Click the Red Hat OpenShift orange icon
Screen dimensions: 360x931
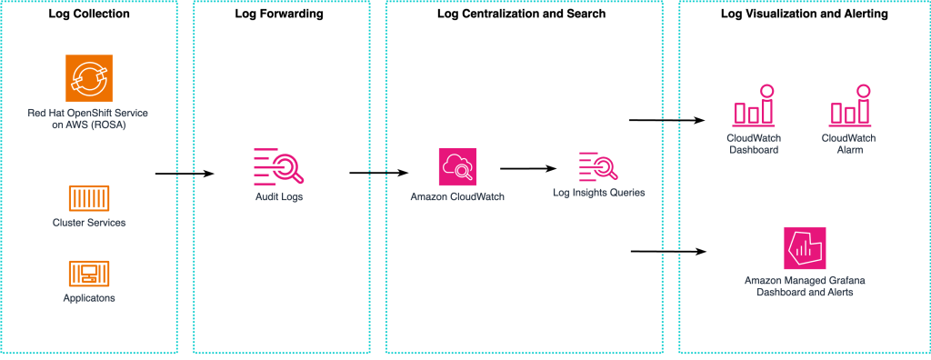click(x=88, y=77)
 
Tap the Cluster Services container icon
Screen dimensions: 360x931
click(x=89, y=198)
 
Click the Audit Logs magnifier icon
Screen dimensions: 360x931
click(x=276, y=165)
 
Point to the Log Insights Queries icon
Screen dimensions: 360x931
click(x=598, y=166)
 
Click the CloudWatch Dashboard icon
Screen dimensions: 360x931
click(x=754, y=107)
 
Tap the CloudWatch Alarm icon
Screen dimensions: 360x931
click(x=848, y=107)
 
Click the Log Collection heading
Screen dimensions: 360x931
click(x=89, y=15)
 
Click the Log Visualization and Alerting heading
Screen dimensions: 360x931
click(x=804, y=15)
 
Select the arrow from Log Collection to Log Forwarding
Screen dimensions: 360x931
click(x=185, y=173)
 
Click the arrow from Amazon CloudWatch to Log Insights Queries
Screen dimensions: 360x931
click(x=527, y=168)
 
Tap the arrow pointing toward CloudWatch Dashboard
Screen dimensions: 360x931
click(x=667, y=120)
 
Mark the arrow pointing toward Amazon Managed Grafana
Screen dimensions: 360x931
click(x=667, y=250)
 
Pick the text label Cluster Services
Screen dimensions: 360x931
click(x=89, y=223)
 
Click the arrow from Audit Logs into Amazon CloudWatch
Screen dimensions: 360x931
click(x=378, y=173)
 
